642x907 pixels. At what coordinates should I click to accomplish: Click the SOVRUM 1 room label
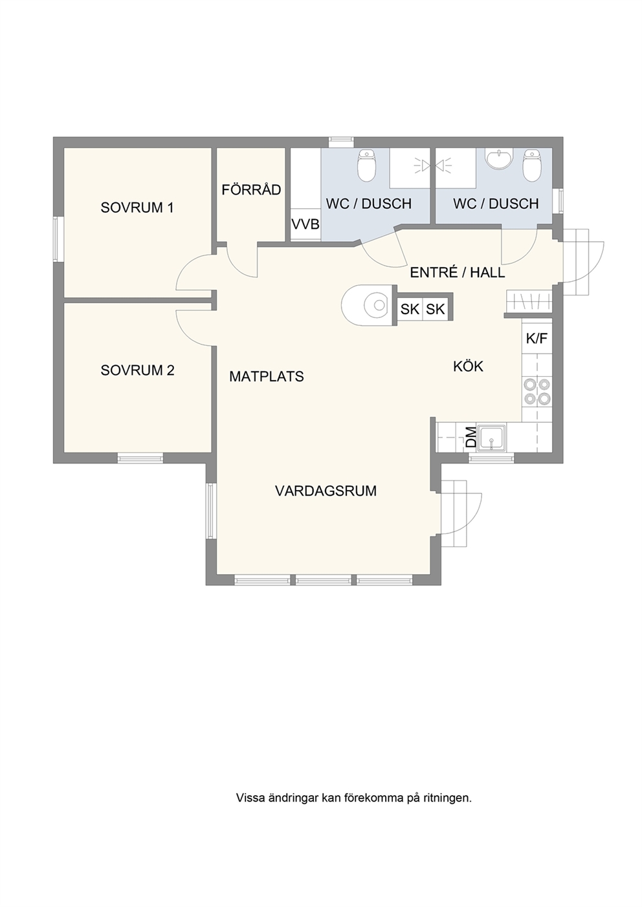tap(137, 208)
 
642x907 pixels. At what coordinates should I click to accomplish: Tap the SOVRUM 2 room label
tap(137, 370)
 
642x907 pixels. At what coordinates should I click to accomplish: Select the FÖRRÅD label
tap(251, 189)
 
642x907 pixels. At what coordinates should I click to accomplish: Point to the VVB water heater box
tap(305, 224)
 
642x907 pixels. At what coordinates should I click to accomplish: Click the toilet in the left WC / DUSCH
tap(367, 165)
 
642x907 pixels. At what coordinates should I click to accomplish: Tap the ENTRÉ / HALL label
tap(457, 273)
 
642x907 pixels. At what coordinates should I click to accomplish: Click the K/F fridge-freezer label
tap(537, 339)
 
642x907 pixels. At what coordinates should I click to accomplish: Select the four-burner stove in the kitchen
tap(537, 392)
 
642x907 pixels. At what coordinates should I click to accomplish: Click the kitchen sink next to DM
tap(491, 438)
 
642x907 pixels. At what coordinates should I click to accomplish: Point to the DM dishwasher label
tap(470, 437)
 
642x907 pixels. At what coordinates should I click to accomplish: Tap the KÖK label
tap(468, 367)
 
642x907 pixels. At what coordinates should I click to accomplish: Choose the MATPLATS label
tap(266, 376)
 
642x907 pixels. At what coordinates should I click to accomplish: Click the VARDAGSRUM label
tap(326, 491)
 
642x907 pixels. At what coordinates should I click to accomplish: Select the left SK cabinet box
tap(410, 310)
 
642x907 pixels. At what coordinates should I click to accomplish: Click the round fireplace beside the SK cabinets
tap(367, 305)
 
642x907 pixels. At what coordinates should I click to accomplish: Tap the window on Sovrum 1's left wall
tap(59, 239)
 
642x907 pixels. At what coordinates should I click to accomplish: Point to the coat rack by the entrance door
tap(530, 301)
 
